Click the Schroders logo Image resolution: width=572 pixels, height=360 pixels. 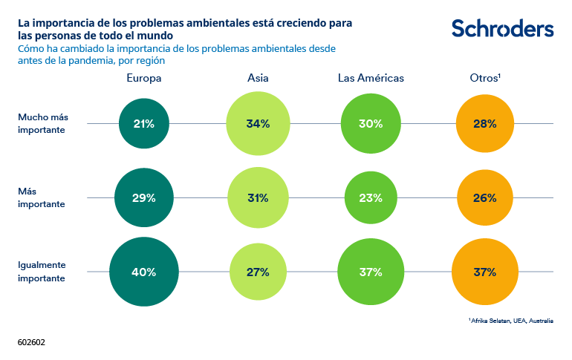pos(502,28)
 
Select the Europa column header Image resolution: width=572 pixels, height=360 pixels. pos(144,78)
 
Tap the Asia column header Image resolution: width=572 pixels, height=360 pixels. pos(258,78)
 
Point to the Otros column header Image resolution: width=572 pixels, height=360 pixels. pos(485,78)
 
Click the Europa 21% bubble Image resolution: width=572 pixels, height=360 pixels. pos(144,124)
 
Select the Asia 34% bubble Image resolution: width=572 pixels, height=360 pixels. pos(258,124)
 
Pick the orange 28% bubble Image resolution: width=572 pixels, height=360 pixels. pos(484,124)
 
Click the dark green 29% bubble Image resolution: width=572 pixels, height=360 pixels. pos(144,198)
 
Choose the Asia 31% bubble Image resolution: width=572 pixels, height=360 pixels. pos(258,198)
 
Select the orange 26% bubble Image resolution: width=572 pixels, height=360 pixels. pos(484,198)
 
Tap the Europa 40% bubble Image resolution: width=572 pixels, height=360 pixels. pos(144,272)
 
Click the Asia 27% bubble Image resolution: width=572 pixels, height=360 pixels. pos(258,272)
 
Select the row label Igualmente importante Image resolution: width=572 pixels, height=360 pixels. pos(42,271)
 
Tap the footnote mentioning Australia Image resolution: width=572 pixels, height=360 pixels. pos(511,321)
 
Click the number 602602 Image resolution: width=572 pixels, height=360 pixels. pos(32,344)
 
